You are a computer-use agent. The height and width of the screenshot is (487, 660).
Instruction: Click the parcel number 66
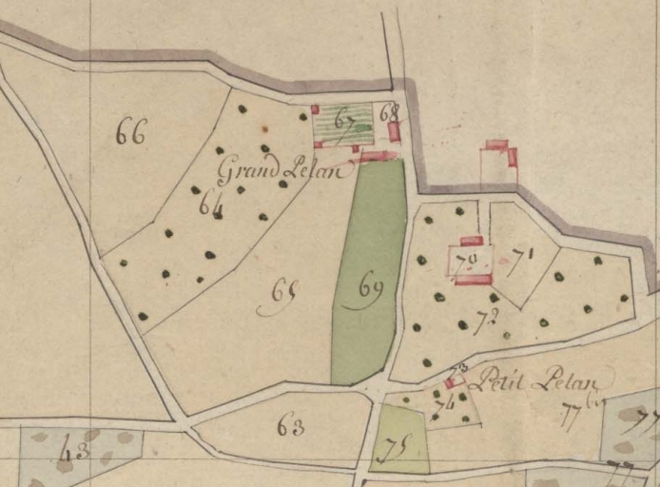(x=130, y=133)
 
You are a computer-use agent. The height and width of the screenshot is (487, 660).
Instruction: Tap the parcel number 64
(x=211, y=203)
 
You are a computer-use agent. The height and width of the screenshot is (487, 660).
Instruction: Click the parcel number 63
(x=290, y=426)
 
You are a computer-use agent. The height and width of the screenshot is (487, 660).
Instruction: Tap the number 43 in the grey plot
(x=74, y=451)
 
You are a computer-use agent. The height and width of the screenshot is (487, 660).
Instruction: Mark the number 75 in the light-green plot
(x=387, y=451)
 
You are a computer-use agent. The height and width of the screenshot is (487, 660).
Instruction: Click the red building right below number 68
(x=394, y=132)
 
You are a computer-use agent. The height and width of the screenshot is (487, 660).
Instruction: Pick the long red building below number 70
(x=473, y=280)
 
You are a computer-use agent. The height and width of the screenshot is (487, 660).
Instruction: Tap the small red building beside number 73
(x=449, y=383)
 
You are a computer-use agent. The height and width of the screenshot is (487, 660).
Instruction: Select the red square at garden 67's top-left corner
(x=315, y=109)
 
